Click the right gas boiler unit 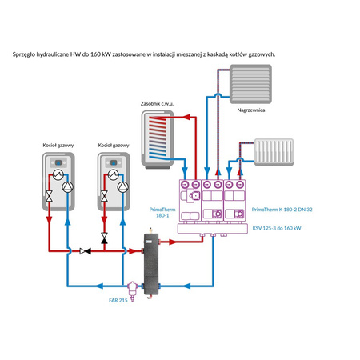(x=113, y=182)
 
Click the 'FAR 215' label (x=118, y=299)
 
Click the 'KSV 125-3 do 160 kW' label (x=277, y=229)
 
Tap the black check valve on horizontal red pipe (x=86, y=250)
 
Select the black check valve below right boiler (x=104, y=238)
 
